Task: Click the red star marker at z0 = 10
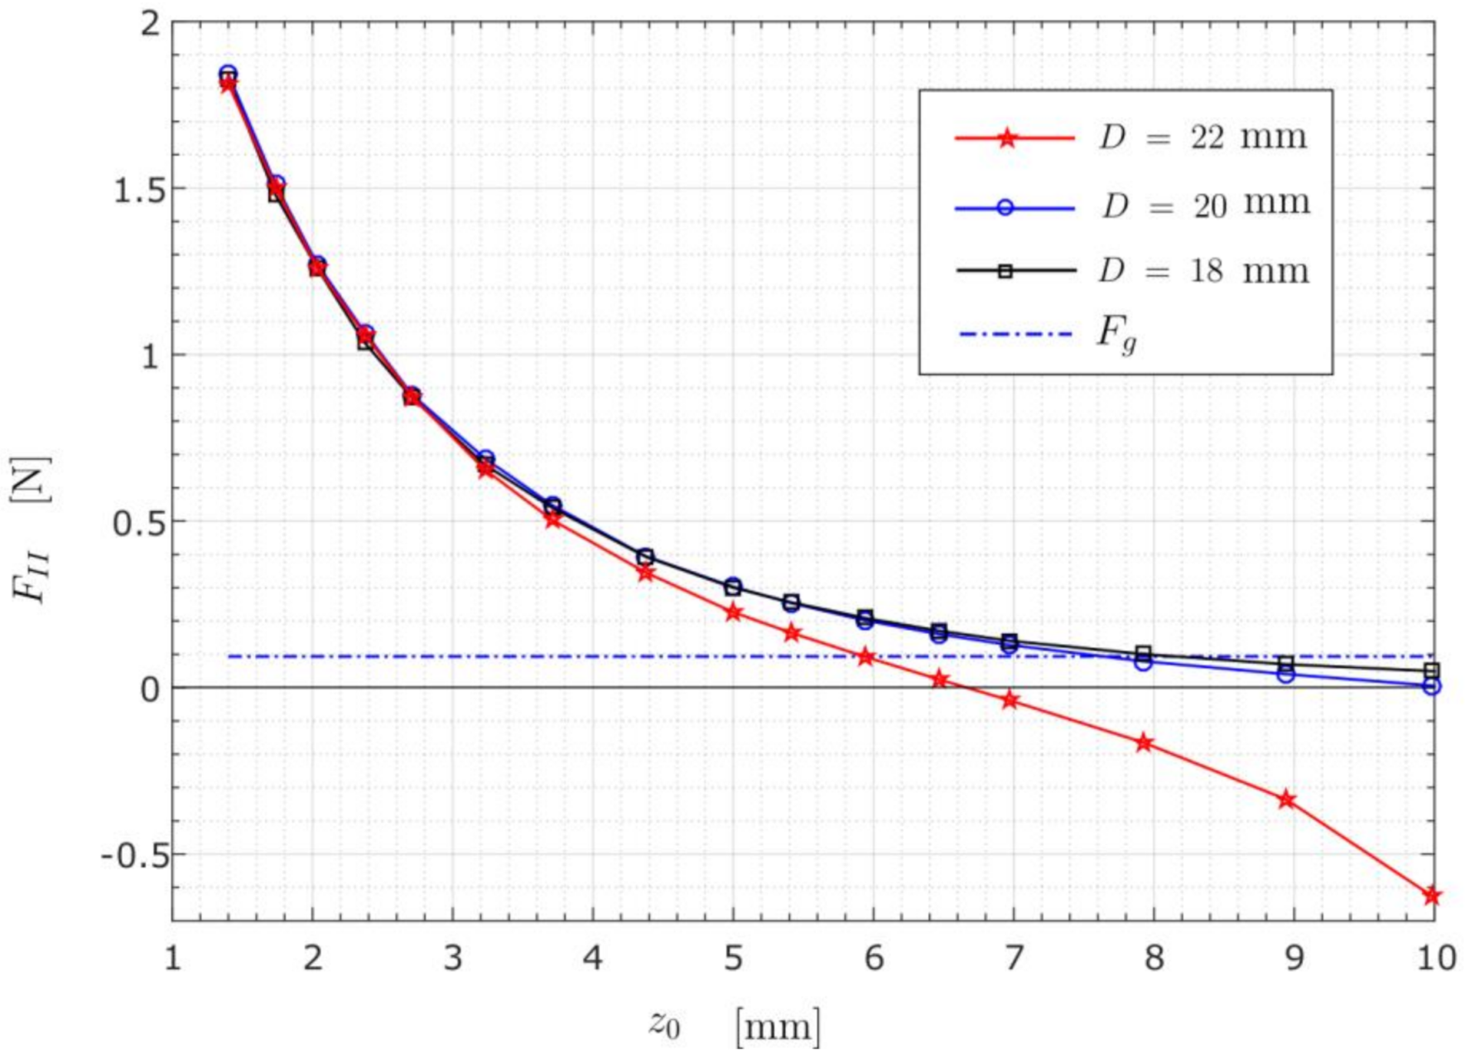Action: tap(1432, 896)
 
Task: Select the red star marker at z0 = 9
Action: tap(1286, 800)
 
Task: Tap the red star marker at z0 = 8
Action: tap(1144, 742)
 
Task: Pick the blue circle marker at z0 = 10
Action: tap(1432, 686)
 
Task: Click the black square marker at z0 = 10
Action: tap(1432, 670)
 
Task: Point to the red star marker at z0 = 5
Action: tap(733, 612)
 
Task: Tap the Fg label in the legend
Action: tap(1116, 334)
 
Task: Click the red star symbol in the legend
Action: tap(1007, 138)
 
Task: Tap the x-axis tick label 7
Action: tap(1013, 958)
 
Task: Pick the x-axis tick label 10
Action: tap(1434, 958)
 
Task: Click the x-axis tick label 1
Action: tap(172, 958)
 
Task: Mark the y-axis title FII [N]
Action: tap(31, 530)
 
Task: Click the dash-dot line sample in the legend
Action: tap(1014, 335)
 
